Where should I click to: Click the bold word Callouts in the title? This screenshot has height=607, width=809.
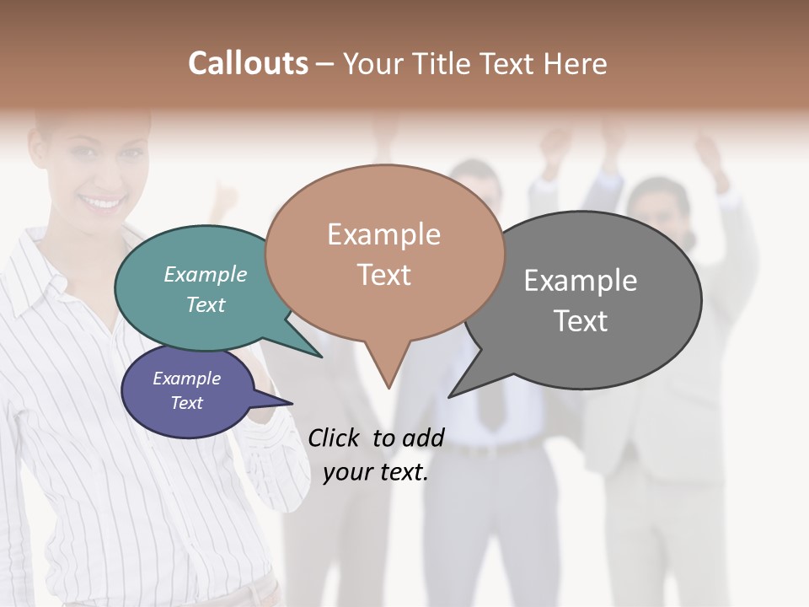(248, 63)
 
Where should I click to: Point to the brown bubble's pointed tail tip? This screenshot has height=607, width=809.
(388, 388)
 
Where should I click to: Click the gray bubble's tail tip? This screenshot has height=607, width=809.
(449, 396)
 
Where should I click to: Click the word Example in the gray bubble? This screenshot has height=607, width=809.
(581, 281)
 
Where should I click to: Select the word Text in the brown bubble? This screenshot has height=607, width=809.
(384, 275)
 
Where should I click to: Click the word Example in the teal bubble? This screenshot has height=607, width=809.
(206, 275)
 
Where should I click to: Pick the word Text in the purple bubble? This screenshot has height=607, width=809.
(187, 403)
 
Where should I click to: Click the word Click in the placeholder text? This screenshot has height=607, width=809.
(335, 438)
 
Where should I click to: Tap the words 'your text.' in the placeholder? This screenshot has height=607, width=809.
(376, 472)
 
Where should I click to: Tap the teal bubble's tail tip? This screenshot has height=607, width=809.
(321, 357)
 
